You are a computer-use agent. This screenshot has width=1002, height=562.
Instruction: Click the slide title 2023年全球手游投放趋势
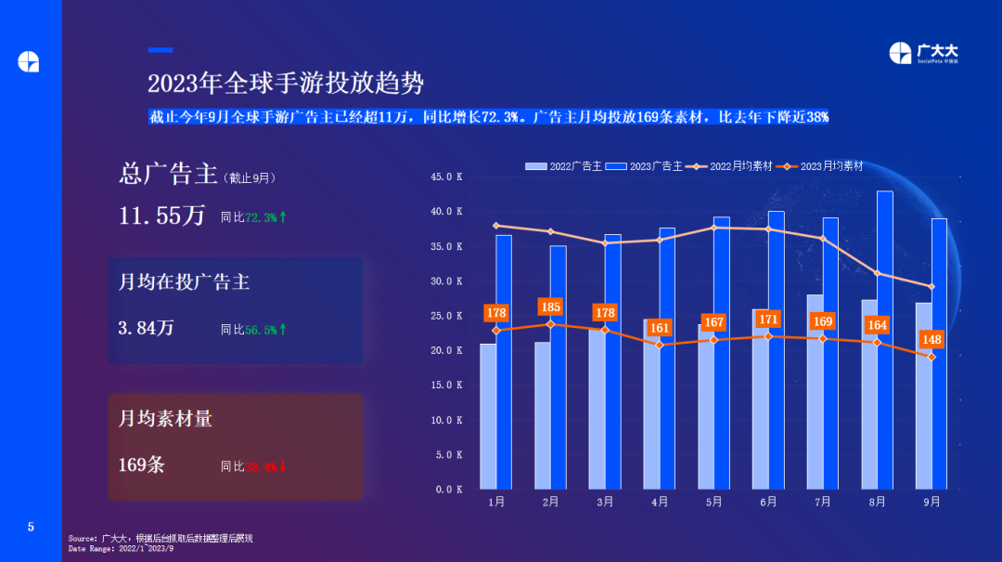pos(286,84)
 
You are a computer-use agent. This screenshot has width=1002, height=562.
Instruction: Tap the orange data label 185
pos(550,307)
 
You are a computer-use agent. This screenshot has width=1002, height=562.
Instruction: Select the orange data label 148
pos(931,339)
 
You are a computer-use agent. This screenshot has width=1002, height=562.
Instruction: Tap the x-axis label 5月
pos(713,502)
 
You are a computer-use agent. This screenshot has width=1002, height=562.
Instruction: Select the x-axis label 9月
pos(931,502)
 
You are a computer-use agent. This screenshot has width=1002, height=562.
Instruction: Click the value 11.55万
pos(162,216)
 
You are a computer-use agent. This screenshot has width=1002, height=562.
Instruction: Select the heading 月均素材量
pos(165,419)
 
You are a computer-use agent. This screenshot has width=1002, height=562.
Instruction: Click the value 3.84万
pos(146,328)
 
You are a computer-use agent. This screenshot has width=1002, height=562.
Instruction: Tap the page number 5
pos(31,528)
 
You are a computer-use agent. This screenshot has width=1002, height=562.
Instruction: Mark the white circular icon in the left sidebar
pos(29,61)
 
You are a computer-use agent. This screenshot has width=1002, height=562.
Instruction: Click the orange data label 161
pos(660,328)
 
